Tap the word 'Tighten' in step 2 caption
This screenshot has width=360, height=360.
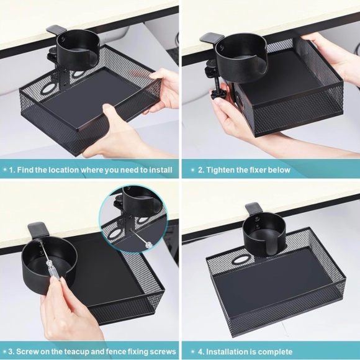[x=220, y=170]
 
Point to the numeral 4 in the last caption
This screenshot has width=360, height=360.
[x=200, y=352]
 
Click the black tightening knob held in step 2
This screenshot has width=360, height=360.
[x=217, y=94]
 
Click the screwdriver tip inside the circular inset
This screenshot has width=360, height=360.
[x=133, y=230]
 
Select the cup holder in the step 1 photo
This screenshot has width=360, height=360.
[x=78, y=50]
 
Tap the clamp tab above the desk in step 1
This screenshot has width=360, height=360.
[x=56, y=30]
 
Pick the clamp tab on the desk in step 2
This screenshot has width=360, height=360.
[x=212, y=38]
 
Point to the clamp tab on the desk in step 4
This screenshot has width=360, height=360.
[x=254, y=209]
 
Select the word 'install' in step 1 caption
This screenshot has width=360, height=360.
[x=161, y=170]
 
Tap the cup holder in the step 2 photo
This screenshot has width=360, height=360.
[x=241, y=57]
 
